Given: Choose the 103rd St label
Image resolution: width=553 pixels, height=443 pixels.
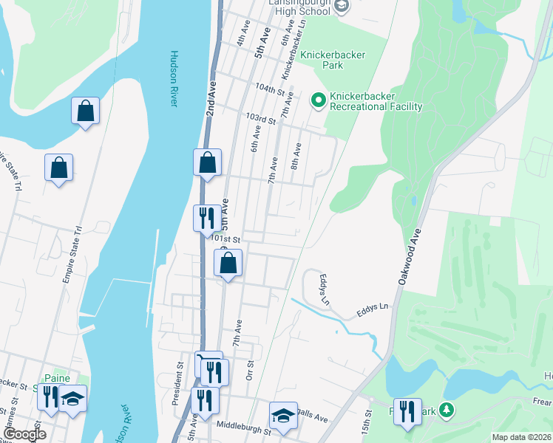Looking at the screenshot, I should click(261, 118).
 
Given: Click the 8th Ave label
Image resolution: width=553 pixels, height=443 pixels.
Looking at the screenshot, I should click(296, 155).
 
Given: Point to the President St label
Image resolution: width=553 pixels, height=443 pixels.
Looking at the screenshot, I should click(178, 383).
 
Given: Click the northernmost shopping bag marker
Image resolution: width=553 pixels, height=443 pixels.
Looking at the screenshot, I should click(85, 111).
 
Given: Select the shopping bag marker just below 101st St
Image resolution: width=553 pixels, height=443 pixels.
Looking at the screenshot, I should click(228, 262).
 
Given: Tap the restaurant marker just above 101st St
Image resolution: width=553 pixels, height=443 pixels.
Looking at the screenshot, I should click(206, 218).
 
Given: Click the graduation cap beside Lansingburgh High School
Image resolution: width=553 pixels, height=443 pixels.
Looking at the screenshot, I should click(341, 7).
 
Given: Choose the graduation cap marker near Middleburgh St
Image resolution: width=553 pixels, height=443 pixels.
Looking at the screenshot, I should click(282, 418).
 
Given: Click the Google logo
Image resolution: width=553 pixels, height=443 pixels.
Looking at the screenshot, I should click(25, 434).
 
